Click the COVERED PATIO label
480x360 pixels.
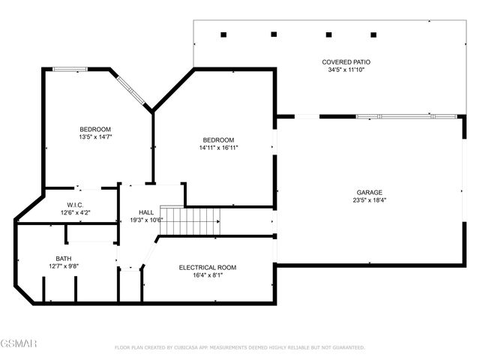point(346,62)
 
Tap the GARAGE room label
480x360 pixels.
point(369,192)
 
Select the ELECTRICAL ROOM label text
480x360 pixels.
point(207,267)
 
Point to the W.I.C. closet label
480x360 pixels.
point(74,204)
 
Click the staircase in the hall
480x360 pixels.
point(192,222)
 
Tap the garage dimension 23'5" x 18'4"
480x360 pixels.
point(369,200)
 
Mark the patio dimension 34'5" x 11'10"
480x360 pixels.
point(346,70)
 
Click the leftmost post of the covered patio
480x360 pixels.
point(223,34)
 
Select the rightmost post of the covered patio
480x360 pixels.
point(373,34)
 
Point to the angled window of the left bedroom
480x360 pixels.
point(130,88)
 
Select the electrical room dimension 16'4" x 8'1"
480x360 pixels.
point(207,275)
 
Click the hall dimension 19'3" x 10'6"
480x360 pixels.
point(146,220)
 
